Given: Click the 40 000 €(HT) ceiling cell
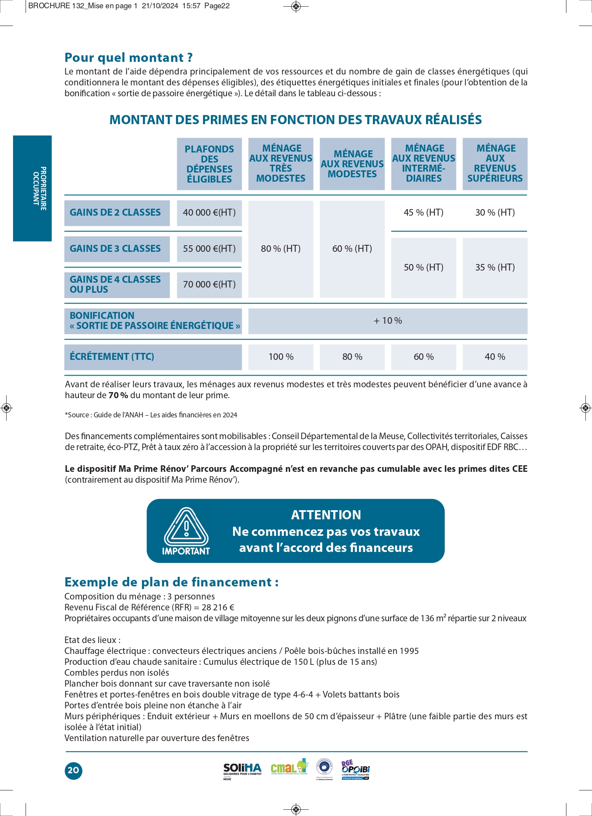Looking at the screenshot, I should (x=209, y=213).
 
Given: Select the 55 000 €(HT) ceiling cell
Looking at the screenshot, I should (x=209, y=249).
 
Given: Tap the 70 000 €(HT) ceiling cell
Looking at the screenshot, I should (x=209, y=284).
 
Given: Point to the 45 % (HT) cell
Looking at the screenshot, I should (x=423, y=213).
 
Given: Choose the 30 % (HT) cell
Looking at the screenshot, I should (x=495, y=213).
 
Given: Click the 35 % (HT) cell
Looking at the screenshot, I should (x=495, y=267).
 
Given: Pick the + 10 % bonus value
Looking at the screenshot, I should (x=388, y=321).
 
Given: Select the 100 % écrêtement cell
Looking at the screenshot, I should (x=281, y=357).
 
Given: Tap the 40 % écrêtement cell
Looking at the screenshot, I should (x=495, y=357).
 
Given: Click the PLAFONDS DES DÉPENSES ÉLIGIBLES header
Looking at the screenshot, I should (x=209, y=164).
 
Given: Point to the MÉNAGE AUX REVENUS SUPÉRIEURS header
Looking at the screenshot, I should (x=495, y=163).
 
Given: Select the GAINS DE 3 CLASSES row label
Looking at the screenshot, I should (x=115, y=249).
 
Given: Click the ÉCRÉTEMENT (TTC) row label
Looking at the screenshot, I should (x=112, y=357).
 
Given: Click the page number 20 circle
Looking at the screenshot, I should (x=73, y=770).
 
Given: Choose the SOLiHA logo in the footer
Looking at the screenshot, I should (x=242, y=770).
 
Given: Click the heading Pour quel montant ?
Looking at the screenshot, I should (x=129, y=58).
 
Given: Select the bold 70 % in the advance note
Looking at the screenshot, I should (x=118, y=396).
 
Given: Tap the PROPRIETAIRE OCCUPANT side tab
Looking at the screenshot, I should (x=33, y=188).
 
